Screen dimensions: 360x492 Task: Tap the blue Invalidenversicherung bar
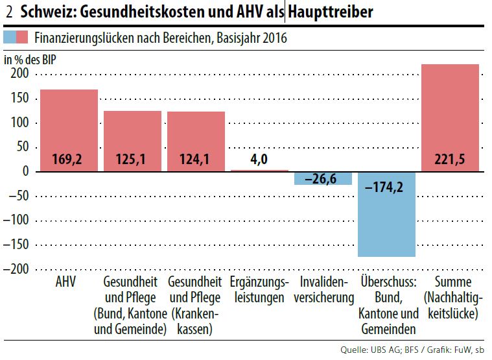(323, 178)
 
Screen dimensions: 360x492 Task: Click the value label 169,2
(69, 158)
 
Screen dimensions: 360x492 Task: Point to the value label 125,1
(132, 158)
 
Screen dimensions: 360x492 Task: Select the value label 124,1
(196, 158)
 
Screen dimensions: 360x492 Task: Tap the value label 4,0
(259, 159)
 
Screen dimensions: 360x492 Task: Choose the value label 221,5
(450, 158)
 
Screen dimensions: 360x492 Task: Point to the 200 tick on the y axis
(19, 74)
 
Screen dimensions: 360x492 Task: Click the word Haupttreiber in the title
(330, 12)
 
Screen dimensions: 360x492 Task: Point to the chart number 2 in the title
(8, 12)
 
